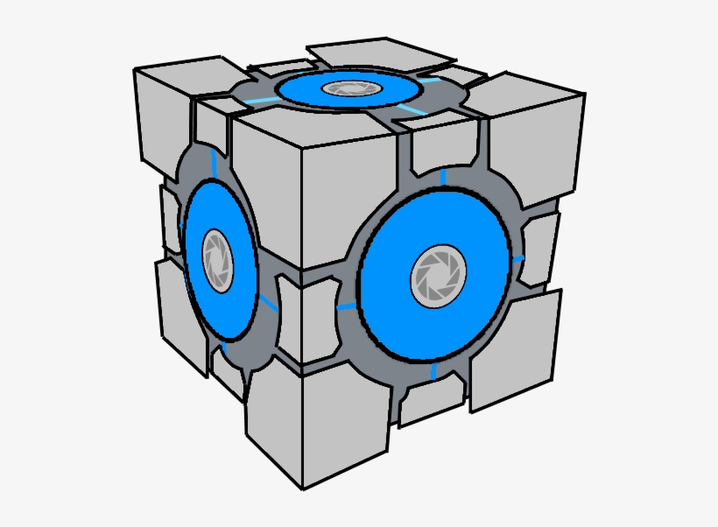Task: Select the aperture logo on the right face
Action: [434, 276]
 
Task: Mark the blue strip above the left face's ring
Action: [215, 161]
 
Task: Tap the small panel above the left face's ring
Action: [210, 131]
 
